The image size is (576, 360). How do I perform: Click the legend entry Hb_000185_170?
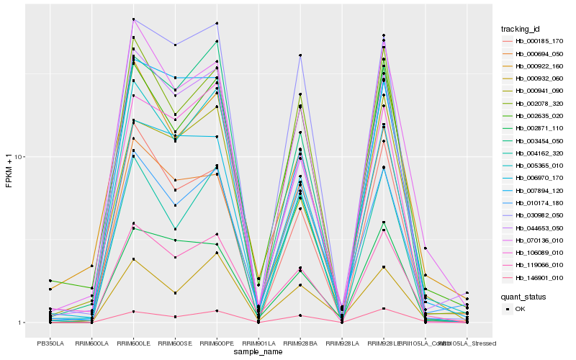point(539,41)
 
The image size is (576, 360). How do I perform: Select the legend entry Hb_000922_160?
point(539,66)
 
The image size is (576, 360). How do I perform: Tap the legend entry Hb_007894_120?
point(539,190)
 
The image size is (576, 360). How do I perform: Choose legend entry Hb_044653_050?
point(539,228)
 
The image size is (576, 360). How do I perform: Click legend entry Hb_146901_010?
point(539,277)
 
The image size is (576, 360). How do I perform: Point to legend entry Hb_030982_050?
point(539,215)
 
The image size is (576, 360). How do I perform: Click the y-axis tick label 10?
point(19,158)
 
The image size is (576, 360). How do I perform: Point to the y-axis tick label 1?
point(22,323)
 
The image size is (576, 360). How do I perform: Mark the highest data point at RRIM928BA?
point(300,55)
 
